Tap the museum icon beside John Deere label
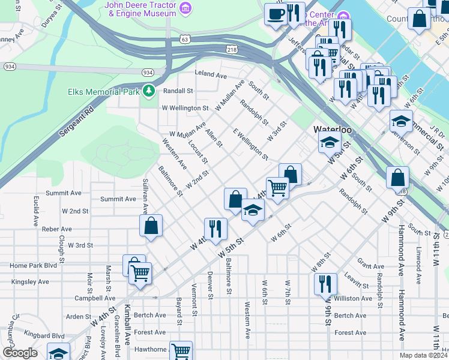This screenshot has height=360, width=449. [186, 8]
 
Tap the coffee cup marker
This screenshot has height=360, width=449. [276, 14]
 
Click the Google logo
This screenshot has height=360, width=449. [20, 353]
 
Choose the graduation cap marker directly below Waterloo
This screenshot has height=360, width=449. [329, 143]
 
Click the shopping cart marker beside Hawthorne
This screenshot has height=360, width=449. [181, 350]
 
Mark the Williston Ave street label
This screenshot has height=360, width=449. [353, 298]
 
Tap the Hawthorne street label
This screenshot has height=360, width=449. [150, 349]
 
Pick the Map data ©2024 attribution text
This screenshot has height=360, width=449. [423, 355]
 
